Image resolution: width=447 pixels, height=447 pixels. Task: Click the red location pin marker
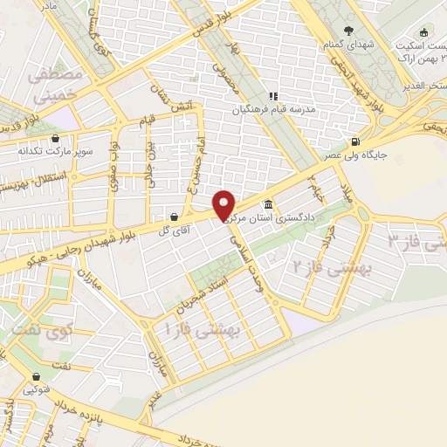tap(225, 205)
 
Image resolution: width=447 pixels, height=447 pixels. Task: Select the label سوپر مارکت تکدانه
tap(54, 151)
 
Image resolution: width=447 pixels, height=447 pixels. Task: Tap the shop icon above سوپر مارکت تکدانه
tap(55, 138)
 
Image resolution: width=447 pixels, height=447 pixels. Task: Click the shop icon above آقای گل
tap(174, 216)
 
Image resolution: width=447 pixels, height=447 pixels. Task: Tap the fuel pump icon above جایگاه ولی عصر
tap(354, 142)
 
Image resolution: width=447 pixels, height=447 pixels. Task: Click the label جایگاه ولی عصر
tap(357, 155)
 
